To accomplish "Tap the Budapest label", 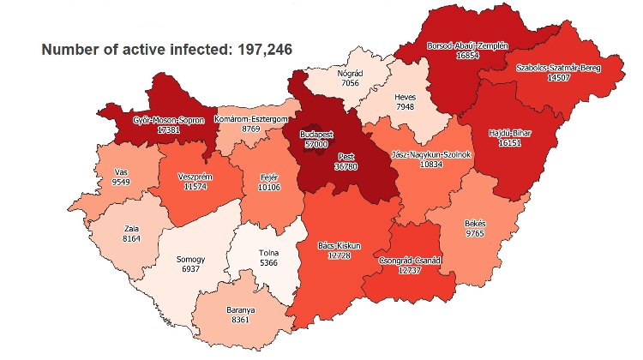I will pyautogui.click(x=316, y=135).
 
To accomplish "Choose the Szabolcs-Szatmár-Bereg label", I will pyautogui.click(x=558, y=68).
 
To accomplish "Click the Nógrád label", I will pyautogui.click(x=351, y=74).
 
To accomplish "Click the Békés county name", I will pyautogui.click(x=475, y=223).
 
